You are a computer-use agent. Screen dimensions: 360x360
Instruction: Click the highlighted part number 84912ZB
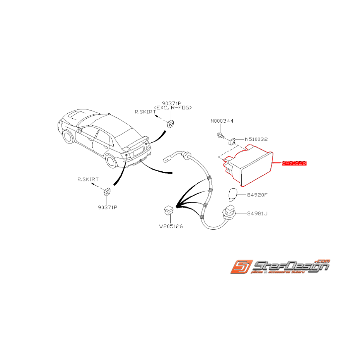click(x=294, y=164)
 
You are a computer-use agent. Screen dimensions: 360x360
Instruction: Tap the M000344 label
click(x=222, y=121)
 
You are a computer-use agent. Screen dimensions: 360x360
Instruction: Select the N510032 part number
click(x=256, y=138)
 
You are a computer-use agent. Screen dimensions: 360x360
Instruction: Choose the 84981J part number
click(x=257, y=213)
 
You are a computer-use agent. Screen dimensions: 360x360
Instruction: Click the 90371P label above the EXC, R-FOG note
click(x=172, y=103)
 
